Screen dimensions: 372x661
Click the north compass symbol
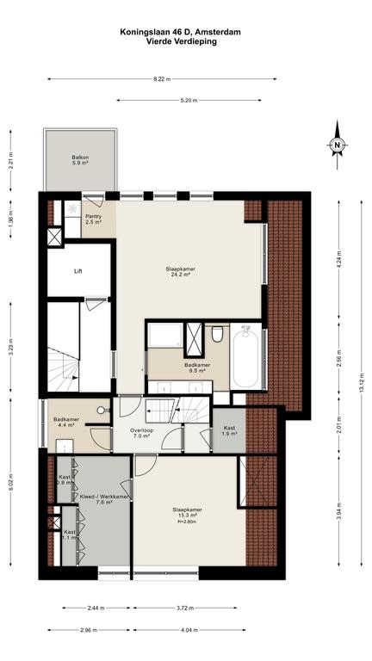(x=337, y=145)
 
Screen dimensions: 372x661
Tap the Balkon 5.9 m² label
(x=80, y=160)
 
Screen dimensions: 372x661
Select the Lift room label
(x=77, y=271)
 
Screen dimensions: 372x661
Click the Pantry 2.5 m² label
(x=94, y=219)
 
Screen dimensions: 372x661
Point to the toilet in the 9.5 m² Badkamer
(x=217, y=333)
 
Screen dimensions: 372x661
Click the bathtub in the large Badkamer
(x=245, y=357)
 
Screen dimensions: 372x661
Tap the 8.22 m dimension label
(x=162, y=79)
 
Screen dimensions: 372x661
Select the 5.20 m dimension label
(x=189, y=101)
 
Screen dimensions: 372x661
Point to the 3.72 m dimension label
(x=186, y=608)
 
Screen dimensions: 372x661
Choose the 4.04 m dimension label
(x=189, y=630)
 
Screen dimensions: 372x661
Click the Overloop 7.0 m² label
(x=142, y=433)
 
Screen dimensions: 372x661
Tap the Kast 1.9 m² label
(x=230, y=430)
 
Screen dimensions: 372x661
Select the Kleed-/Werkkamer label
(x=104, y=497)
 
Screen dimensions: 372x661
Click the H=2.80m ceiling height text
(x=187, y=522)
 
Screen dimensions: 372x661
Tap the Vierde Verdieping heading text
(x=182, y=41)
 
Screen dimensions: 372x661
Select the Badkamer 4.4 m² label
(x=64, y=422)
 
